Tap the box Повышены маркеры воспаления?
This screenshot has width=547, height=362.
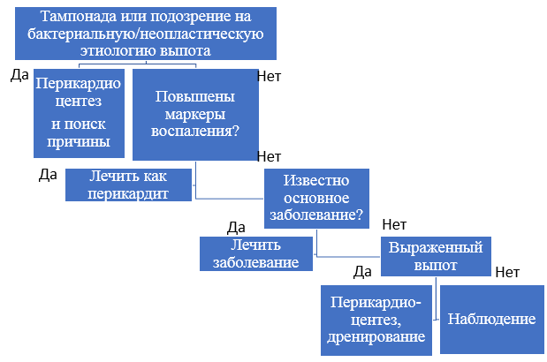pos(195,115)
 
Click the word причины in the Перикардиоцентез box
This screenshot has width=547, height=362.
pos(79,142)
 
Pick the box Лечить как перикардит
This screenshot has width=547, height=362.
pos(128,185)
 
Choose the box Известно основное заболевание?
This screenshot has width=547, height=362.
pos(316,199)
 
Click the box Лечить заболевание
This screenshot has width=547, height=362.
pos(256,253)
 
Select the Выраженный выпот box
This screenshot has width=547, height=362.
pos(436,256)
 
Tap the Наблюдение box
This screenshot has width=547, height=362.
pos(492,320)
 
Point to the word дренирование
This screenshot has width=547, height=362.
pos(376,336)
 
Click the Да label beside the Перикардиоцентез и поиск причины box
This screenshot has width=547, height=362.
pos(19,74)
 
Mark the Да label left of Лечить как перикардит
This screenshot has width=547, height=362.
pos(48,175)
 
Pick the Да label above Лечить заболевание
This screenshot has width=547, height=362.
pos(236,228)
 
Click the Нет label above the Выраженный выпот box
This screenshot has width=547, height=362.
pos(394,225)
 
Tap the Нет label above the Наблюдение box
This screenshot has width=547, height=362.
pos(507,272)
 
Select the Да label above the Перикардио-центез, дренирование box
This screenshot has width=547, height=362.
pos(362,272)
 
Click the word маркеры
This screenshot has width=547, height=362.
pos(195,114)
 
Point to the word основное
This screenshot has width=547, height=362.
pos(316,198)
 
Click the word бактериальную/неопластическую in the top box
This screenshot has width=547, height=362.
pos(146,34)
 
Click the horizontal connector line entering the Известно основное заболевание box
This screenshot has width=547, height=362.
pos(229,199)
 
